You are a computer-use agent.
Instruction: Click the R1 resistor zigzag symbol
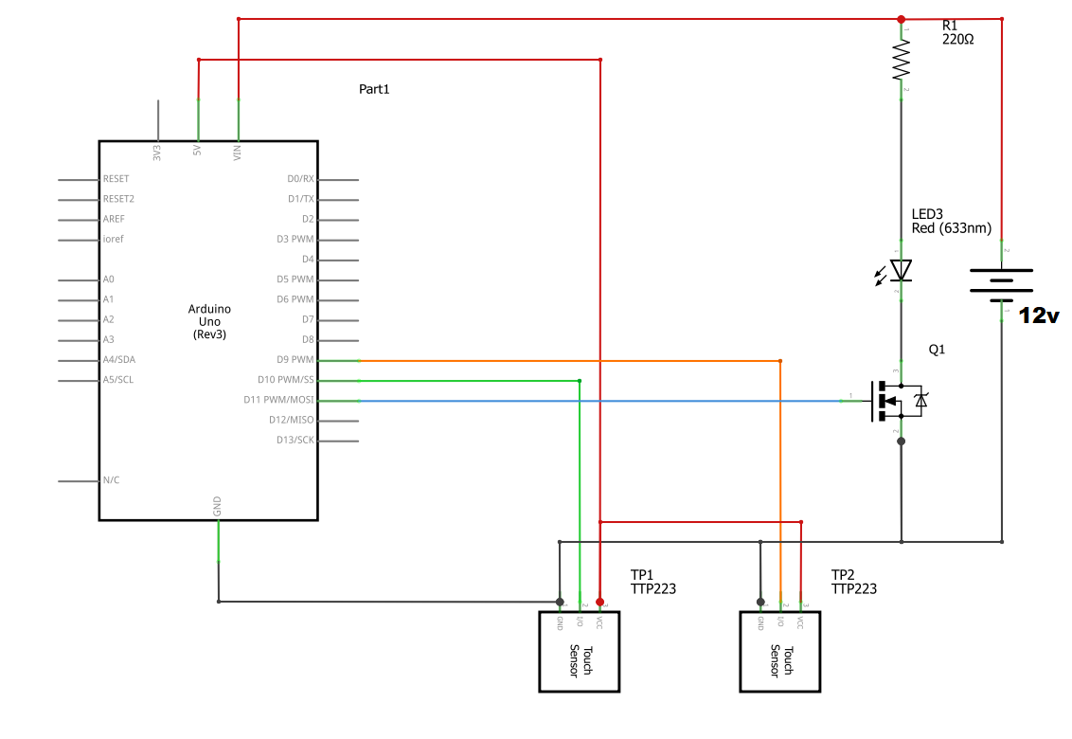[x=901, y=62]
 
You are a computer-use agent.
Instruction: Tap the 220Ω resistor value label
[x=958, y=41]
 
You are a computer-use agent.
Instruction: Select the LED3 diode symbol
[x=901, y=271]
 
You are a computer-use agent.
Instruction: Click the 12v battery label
[x=1038, y=315]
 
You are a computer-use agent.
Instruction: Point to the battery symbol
[x=1001, y=283]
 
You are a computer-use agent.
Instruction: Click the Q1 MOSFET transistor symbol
[x=894, y=401]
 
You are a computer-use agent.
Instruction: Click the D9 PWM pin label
[x=295, y=360]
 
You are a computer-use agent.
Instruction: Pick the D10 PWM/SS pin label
[x=286, y=380]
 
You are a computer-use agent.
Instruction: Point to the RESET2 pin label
[x=118, y=199]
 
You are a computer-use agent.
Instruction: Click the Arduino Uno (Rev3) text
[x=208, y=322]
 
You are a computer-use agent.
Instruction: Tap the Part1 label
[x=374, y=89]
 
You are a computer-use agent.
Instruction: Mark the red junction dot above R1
[x=901, y=19]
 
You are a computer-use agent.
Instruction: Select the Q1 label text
[x=937, y=350]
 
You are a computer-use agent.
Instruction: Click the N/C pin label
[x=111, y=480]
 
